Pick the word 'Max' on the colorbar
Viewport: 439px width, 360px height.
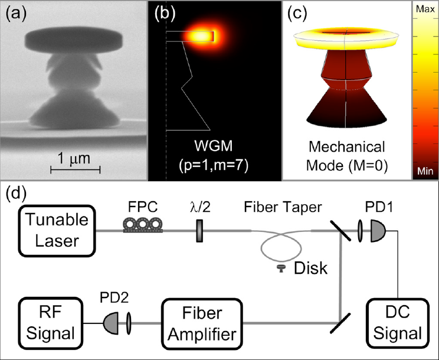tap(424, 10)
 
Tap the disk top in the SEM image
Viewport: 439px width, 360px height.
tap(73, 41)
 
